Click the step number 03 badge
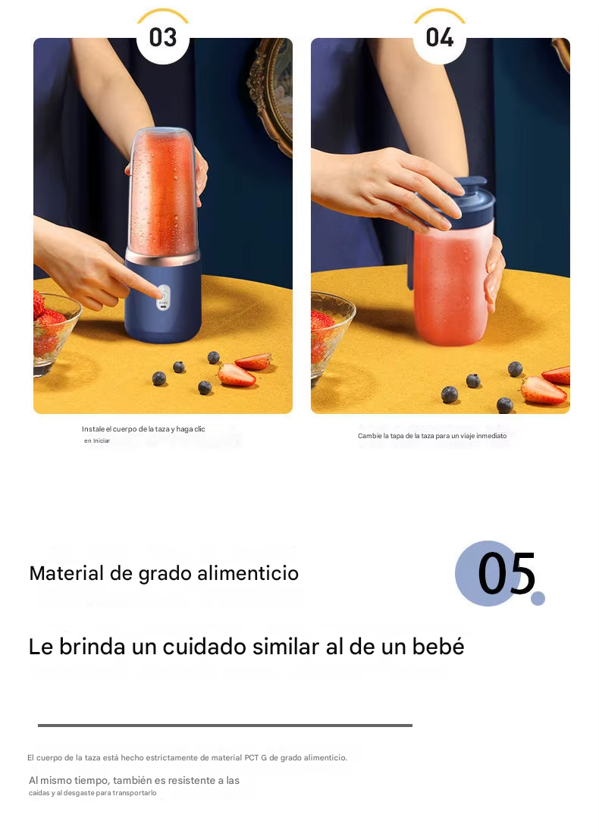coord(163,37)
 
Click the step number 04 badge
coord(440,37)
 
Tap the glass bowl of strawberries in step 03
coord(54,332)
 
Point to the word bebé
coord(437,647)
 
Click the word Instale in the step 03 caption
coord(93,429)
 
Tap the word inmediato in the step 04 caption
coord(491,436)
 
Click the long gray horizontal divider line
coord(225,726)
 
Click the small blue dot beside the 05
coord(538,598)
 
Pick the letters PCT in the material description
coord(251,757)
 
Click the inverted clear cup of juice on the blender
coord(163,193)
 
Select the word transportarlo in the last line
coord(134,793)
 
